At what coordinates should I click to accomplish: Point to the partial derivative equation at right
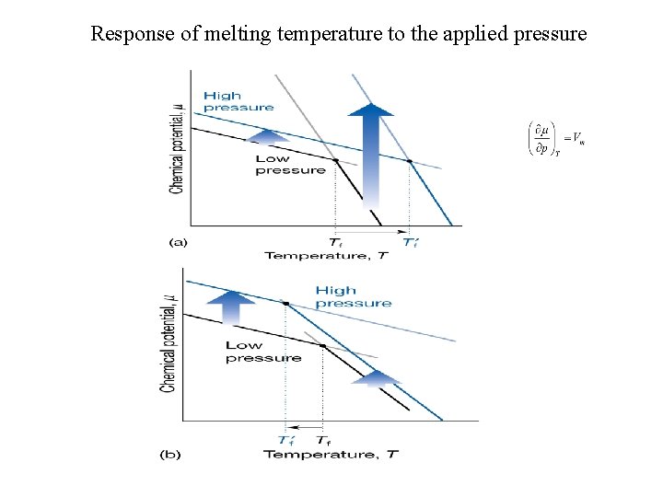click(556, 139)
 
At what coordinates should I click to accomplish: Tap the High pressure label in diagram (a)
click(238, 101)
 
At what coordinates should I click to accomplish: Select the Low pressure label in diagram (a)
click(290, 164)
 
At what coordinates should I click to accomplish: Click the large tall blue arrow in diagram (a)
click(370, 152)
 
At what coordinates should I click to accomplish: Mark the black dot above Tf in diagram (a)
click(335, 160)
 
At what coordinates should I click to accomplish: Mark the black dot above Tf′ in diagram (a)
click(410, 161)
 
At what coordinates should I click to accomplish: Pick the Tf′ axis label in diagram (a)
click(411, 242)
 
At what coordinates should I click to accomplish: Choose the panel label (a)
click(178, 242)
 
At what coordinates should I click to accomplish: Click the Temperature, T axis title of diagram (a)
click(326, 255)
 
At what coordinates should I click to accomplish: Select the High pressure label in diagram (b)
click(353, 296)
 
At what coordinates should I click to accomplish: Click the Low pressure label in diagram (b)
click(262, 352)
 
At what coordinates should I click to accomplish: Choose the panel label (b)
click(170, 454)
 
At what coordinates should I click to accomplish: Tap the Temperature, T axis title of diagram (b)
click(331, 454)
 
